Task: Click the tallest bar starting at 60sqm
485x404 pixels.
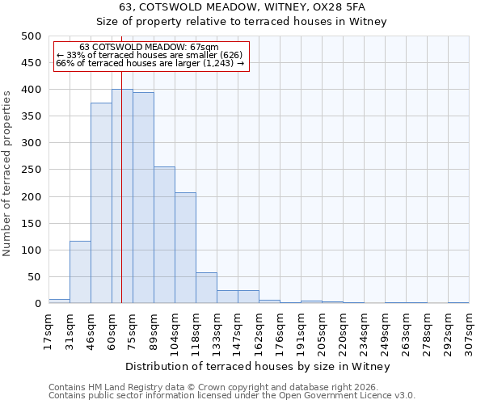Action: (122, 196)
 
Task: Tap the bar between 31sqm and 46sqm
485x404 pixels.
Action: (80, 272)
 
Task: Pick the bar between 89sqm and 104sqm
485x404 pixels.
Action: (164, 235)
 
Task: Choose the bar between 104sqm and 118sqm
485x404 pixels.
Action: (185, 248)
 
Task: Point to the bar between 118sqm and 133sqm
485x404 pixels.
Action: (206, 288)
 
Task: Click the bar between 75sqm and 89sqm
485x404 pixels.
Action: (143, 198)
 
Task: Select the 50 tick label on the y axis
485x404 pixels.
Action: (34, 277)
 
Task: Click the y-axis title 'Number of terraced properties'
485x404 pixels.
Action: (7, 173)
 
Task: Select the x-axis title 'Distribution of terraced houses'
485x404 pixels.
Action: (259, 366)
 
